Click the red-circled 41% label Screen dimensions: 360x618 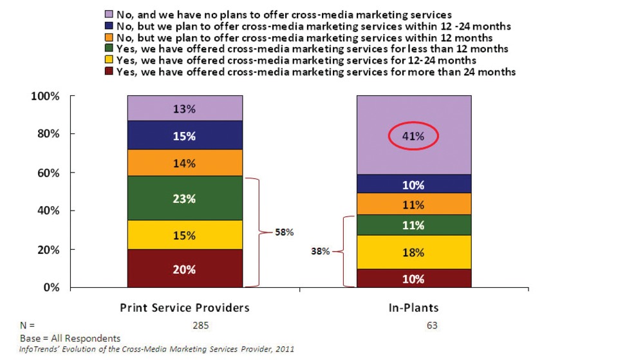pos(413,136)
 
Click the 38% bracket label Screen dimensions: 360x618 pos(321,252)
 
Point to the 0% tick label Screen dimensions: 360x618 pos(50,287)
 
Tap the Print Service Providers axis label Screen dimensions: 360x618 pos(185,308)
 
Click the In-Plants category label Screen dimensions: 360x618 pos(413,308)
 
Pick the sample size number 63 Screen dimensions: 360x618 pos(431,325)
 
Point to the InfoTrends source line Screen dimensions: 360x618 pos(147,349)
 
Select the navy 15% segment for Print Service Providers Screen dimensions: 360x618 pos(185,136)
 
